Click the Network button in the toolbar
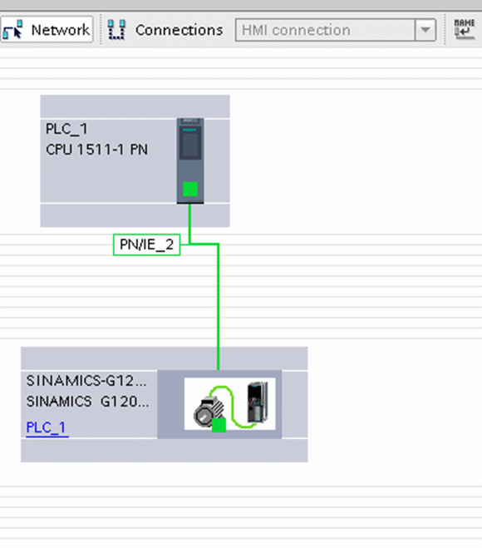pyautogui.click(x=47, y=30)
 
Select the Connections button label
pyautogui.click(x=179, y=30)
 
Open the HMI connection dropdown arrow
pyautogui.click(x=425, y=30)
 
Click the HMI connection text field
pyautogui.click(x=326, y=30)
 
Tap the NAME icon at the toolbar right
pyautogui.click(x=465, y=29)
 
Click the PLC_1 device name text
pyautogui.click(x=66, y=129)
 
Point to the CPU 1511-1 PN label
pyautogui.click(x=96, y=150)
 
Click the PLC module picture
pyautogui.click(x=190, y=160)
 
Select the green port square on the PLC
pyautogui.click(x=190, y=189)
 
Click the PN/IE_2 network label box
pyautogui.click(x=147, y=244)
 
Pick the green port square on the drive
pyautogui.click(x=219, y=425)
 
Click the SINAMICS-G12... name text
pyautogui.click(x=86, y=381)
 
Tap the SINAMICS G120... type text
pyautogui.click(x=87, y=402)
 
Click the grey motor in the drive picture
pyautogui.click(x=209, y=412)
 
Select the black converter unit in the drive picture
pyautogui.click(x=258, y=402)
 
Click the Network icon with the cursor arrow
pyautogui.click(x=13, y=29)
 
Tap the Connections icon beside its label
pyautogui.click(x=116, y=30)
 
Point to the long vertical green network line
pyautogui.click(x=219, y=307)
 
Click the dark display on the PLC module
pyautogui.click(x=190, y=143)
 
